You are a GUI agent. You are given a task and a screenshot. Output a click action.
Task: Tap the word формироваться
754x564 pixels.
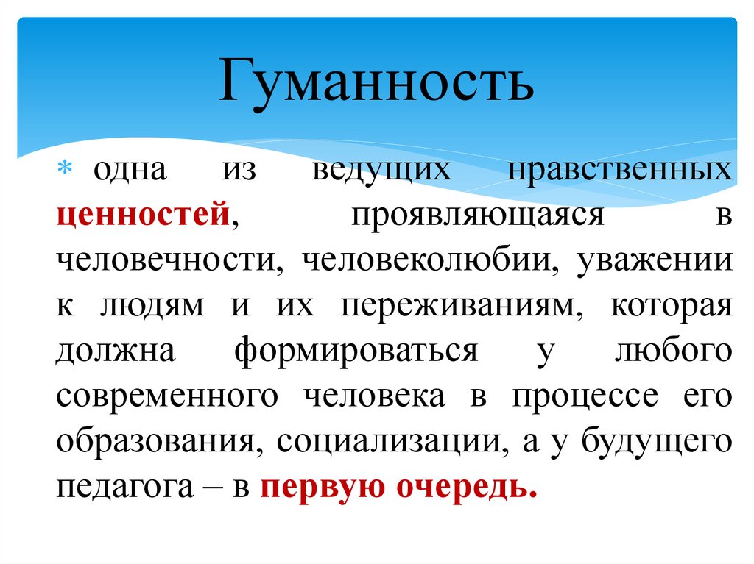(356, 351)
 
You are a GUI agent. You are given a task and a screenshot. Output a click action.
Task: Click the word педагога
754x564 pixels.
(118, 488)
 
